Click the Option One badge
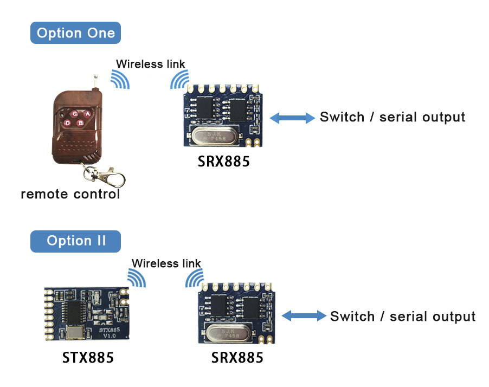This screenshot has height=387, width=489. tap(75, 33)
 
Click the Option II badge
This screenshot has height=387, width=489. tap(75, 241)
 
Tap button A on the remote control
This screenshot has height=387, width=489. tap(87, 114)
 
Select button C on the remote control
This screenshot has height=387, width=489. tap(74, 114)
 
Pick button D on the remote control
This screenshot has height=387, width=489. tap(68, 123)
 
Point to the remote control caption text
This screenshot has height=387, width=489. tap(70, 194)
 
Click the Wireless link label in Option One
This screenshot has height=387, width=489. tap(150, 64)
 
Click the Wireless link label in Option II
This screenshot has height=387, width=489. tap(166, 264)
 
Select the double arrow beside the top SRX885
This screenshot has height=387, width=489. tap(292, 118)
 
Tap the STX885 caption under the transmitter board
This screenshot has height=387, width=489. tap(88, 358)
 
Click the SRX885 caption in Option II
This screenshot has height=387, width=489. tap(237, 358)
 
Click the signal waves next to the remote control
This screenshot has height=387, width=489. tap(120, 80)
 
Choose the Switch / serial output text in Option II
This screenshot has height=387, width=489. tap(402, 317)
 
